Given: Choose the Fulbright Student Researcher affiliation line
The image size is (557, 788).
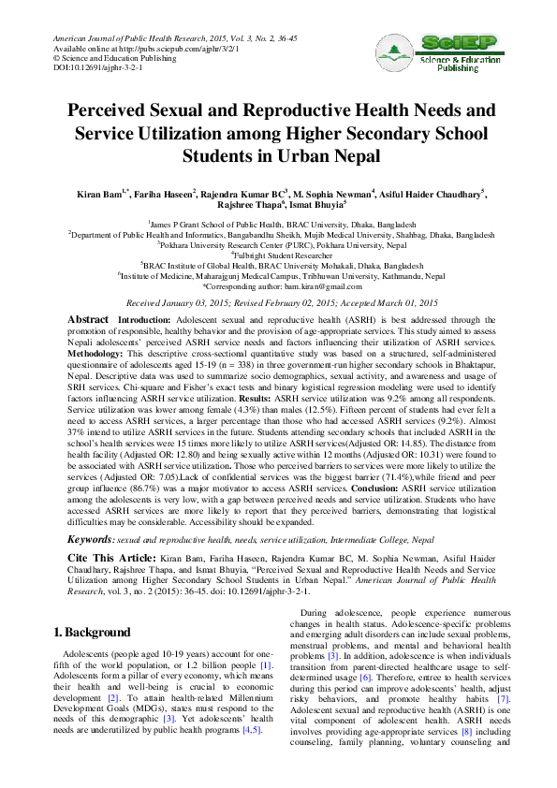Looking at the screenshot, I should (x=278, y=254).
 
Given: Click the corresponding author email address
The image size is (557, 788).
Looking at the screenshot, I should (x=309, y=285).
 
